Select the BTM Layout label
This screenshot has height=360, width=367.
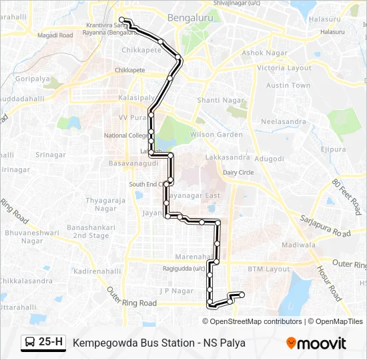(269, 269)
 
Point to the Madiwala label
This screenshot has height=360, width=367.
(298, 245)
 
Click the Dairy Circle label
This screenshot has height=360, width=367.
(238, 172)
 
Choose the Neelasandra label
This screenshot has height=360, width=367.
(283, 122)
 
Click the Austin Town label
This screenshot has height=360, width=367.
(288, 85)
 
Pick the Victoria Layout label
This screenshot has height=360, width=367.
(284, 68)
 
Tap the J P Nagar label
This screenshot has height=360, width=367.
(175, 291)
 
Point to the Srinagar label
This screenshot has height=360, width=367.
(51, 155)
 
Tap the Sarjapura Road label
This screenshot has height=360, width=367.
(325, 225)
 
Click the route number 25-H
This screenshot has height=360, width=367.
(51, 342)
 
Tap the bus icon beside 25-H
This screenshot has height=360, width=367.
(30, 343)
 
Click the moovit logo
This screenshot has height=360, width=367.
(316, 343)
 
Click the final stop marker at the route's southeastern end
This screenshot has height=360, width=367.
(242, 295)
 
